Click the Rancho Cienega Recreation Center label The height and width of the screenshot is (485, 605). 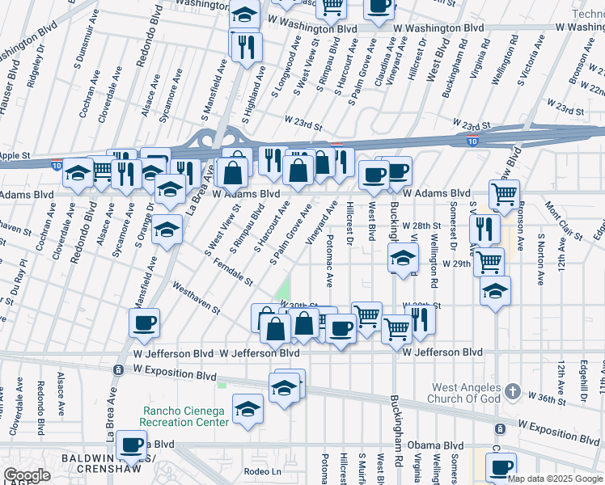[184, 416]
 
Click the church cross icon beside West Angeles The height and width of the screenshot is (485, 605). [511, 392]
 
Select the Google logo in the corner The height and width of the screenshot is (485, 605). [27, 475]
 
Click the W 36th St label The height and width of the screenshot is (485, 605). [544, 397]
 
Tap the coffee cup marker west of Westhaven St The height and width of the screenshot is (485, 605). [144, 322]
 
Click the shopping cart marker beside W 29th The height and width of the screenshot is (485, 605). [489, 262]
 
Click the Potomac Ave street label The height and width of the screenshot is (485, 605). [329, 261]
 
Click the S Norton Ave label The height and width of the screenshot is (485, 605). [539, 261]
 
